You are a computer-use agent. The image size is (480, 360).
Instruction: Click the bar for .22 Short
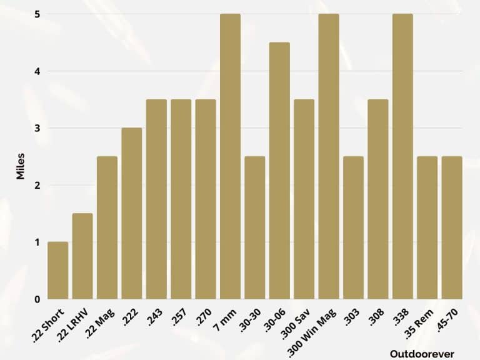click(58, 270)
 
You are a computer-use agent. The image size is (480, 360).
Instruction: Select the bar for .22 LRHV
click(82, 256)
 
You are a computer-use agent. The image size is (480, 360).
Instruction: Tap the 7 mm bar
click(230, 156)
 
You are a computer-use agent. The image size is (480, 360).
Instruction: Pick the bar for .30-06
click(279, 171)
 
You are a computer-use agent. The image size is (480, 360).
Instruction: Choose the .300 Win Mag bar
click(329, 156)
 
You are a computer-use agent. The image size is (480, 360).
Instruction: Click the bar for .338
click(402, 156)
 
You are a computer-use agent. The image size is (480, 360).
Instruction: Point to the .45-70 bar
click(452, 227)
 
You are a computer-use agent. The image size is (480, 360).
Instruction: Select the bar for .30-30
click(255, 227)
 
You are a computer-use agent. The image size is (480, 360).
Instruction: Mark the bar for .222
click(132, 213)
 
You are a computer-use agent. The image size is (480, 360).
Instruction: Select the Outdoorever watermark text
click(422, 354)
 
